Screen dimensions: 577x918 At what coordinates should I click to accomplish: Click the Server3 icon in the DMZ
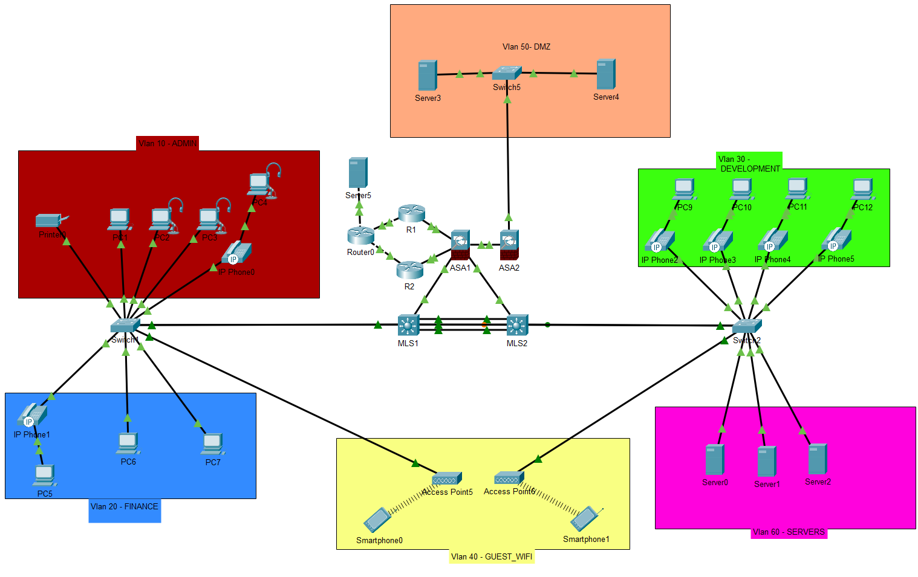[x=427, y=76]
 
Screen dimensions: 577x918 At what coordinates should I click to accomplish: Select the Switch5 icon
[x=506, y=73]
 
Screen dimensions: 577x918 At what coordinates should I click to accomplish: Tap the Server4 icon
[x=605, y=74]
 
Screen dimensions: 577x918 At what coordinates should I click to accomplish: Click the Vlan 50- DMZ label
[x=526, y=47]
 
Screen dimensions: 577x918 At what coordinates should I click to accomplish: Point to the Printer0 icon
[x=51, y=221]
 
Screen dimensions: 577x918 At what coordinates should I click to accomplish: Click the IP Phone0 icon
[x=236, y=253]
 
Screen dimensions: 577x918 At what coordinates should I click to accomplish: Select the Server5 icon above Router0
[x=358, y=173]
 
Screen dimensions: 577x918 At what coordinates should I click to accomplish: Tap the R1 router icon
[x=412, y=213]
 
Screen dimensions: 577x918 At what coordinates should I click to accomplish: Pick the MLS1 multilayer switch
[x=408, y=325]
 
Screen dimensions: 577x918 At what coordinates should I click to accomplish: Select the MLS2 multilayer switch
[x=517, y=325]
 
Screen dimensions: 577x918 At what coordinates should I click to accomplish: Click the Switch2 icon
[x=747, y=326]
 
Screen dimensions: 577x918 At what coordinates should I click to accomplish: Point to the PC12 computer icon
[x=862, y=189]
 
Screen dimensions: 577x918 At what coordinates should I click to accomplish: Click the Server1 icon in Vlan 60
[x=767, y=462]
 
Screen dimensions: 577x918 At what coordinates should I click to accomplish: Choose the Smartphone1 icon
[x=585, y=519]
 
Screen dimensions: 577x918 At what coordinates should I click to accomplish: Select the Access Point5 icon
[x=447, y=479]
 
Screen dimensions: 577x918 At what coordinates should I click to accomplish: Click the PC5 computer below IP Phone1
[x=44, y=475]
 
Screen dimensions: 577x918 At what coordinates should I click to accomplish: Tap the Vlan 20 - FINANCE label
[x=125, y=506]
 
